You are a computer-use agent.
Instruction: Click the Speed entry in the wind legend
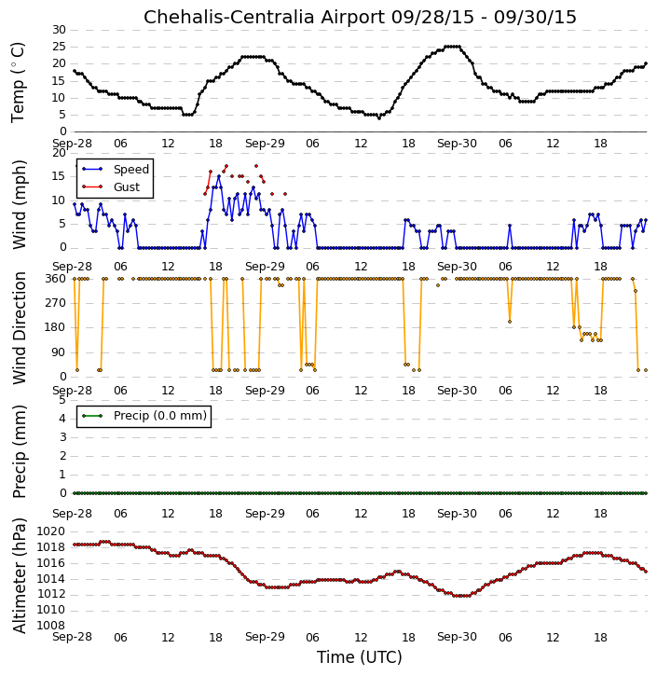pyautogui.click(x=131, y=170)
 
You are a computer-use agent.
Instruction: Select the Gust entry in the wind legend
pyautogui.click(x=127, y=187)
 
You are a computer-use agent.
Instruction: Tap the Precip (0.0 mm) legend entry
pyautogui.click(x=160, y=416)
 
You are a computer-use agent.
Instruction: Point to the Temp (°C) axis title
pyautogui.click(x=18, y=82)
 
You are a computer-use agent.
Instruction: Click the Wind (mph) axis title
pyautogui.click(x=19, y=205)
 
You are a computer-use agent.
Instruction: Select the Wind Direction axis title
pyautogui.click(x=20, y=328)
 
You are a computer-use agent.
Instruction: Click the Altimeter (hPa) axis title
pyautogui.click(x=19, y=576)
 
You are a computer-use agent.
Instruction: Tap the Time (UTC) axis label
pyautogui.click(x=360, y=657)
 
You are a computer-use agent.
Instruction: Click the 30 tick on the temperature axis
pyautogui.click(x=59, y=30)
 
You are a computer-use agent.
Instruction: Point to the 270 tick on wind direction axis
pyautogui.click(x=56, y=303)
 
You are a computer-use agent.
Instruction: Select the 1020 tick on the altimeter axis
pyautogui.click(x=51, y=531)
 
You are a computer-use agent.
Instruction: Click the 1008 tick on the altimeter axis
pyautogui.click(x=51, y=626)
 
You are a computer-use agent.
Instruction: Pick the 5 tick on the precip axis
pyautogui.click(x=62, y=400)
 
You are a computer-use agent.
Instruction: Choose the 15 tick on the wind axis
pyautogui.click(x=59, y=176)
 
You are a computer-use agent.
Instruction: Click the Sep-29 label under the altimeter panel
pyautogui.click(x=265, y=637)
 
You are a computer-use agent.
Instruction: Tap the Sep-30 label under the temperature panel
pyautogui.click(x=457, y=144)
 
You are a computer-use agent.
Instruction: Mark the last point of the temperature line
pyautogui.click(x=646, y=63)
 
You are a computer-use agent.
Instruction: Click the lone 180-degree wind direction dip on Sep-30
pyautogui.click(x=510, y=322)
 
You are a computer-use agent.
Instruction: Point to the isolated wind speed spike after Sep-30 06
pyautogui.click(x=510, y=226)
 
